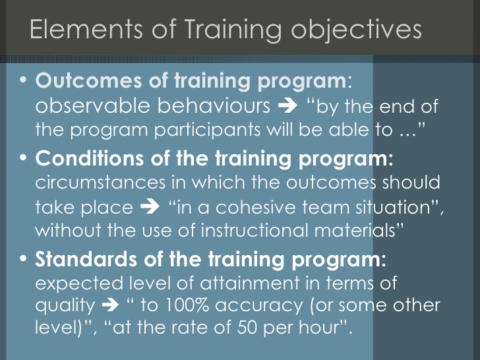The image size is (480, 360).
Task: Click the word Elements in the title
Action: pos(73,31)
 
